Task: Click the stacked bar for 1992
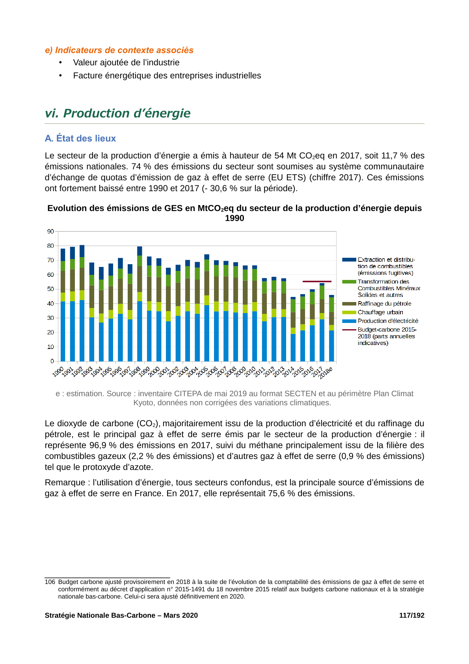pos(82,303)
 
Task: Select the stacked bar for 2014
pos(293,329)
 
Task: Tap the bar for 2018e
pos(331,328)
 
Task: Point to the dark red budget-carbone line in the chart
pos(317,281)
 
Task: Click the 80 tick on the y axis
pos(51,246)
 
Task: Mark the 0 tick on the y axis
pos(52,361)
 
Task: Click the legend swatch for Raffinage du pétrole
pos(349,304)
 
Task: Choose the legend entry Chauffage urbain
pos(380,312)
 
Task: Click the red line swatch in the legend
pos(349,330)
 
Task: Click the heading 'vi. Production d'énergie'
pos(117,113)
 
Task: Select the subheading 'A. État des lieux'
pos(80,138)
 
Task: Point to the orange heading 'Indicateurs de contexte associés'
pos(124,50)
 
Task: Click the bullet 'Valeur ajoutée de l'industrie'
pos(126,63)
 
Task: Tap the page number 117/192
pos(411,616)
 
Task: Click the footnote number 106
pos(50,582)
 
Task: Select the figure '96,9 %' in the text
pos(102,445)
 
